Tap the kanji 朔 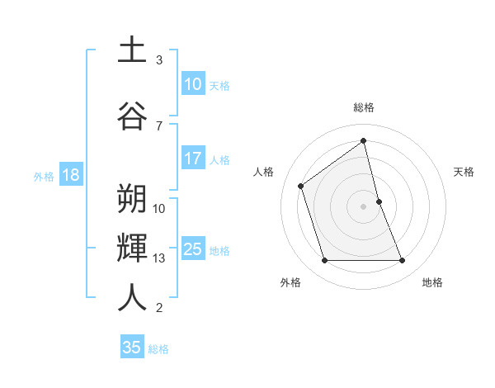(132, 198)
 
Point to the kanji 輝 (132, 248)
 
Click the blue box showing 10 (192, 84)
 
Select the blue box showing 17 (192, 159)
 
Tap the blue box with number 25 (192, 249)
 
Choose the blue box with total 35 (132, 348)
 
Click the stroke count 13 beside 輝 (159, 258)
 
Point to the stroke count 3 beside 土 (159, 60)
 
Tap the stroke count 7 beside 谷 (159, 125)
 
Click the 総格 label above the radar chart (364, 107)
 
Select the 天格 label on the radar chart (464, 172)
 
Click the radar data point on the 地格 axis (403, 261)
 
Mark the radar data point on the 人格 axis (301, 186)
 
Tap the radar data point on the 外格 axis (324, 261)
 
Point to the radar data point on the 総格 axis (364, 141)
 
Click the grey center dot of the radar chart (364, 206)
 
